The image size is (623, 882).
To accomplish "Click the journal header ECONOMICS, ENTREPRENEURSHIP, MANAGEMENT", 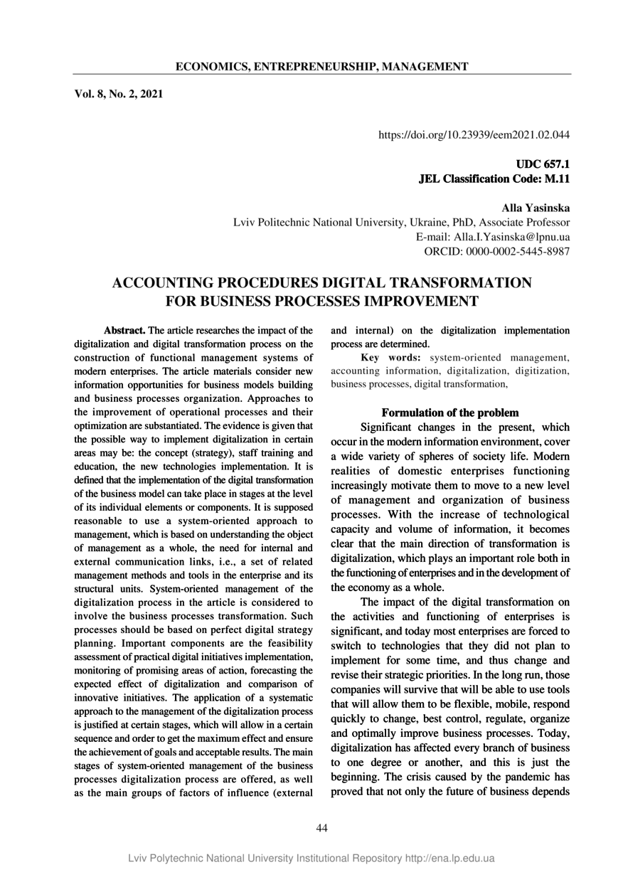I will pyautogui.click(x=321, y=67).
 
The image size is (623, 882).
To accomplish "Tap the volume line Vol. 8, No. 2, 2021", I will pyautogui.click(x=119, y=93).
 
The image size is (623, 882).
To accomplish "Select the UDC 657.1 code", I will pyautogui.click(x=548, y=165).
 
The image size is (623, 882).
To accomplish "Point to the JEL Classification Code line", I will pyautogui.click(x=495, y=179).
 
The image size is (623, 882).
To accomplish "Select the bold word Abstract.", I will pyautogui.click(x=124, y=331).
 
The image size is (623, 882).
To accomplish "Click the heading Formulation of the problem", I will pyautogui.click(x=450, y=413).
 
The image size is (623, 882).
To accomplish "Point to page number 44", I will pyautogui.click(x=321, y=827).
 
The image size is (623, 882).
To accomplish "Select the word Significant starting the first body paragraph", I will pyautogui.click(x=394, y=428).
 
